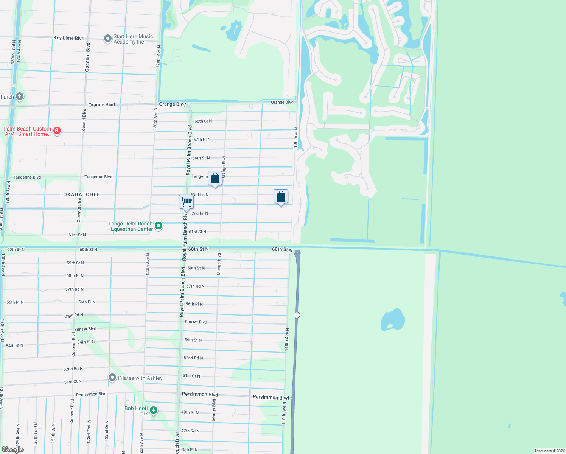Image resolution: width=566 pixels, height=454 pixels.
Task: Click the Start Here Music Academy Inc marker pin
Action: coord(108,39)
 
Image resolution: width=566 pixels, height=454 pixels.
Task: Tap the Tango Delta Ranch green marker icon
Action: coord(159,226)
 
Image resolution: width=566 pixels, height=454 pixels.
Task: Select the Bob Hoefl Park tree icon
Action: coord(153,410)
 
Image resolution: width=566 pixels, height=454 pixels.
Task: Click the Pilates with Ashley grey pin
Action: coord(112,378)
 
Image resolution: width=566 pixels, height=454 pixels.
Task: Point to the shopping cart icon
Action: coord(186,202)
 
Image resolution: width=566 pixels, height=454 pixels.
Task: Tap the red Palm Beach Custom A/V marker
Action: coord(57,131)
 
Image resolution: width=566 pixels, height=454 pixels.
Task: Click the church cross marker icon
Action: coord(20,96)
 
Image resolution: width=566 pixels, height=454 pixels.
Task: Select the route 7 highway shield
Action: coord(297,315)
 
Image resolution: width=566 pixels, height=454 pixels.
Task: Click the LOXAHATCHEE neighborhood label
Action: coord(80,194)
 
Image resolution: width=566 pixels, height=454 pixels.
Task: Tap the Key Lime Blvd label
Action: coord(69,38)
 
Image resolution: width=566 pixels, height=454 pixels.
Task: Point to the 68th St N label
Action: coord(203,121)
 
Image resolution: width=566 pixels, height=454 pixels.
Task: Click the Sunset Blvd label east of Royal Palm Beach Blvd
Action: coord(196,322)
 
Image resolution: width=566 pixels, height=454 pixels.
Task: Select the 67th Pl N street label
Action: coord(202,140)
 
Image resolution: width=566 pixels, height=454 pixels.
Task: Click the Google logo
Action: coord(13,449)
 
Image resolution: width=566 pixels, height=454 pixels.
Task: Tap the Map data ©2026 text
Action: coord(550,451)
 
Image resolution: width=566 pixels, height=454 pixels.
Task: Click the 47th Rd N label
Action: coord(190,431)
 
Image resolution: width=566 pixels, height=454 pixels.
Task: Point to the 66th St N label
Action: coord(201,158)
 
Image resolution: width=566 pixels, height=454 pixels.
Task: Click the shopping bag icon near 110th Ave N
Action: coord(281,197)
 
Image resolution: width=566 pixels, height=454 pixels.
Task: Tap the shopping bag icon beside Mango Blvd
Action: coord(215,179)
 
